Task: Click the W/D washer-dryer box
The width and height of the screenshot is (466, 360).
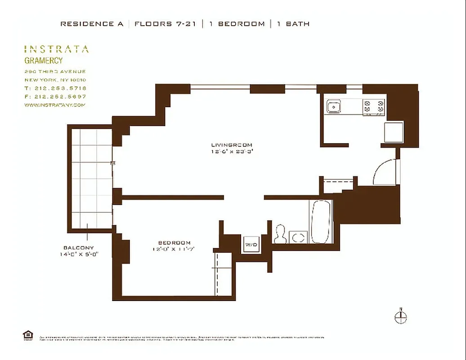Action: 251,244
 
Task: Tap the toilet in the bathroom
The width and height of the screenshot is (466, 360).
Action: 280,234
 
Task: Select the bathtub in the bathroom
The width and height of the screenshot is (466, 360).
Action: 321,221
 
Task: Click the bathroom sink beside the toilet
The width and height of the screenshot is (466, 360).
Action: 298,237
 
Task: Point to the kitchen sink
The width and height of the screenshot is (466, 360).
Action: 334,107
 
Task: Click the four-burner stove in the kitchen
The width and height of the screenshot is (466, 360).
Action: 374,107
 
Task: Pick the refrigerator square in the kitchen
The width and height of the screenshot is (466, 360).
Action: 394,132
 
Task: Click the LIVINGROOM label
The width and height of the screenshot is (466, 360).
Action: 232,145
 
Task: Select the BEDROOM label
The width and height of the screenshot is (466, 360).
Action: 174,242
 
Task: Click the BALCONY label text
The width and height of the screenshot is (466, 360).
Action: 79,247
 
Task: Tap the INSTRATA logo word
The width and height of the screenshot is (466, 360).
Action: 56,49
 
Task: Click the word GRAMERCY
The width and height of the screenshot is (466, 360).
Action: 44,61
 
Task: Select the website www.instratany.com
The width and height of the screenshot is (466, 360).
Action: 54,105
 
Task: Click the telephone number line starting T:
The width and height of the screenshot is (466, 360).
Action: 55,88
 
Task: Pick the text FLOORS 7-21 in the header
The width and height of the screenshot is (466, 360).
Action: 166,24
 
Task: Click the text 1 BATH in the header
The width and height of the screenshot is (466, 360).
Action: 293,24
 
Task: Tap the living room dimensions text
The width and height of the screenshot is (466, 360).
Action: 232,152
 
